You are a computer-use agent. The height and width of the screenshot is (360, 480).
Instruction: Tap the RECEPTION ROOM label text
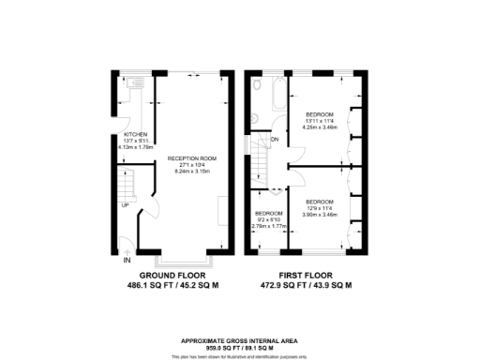(185, 159)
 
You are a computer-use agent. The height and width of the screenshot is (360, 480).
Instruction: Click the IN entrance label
(127, 260)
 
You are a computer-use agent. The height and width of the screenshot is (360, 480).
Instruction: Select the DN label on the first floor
(274, 140)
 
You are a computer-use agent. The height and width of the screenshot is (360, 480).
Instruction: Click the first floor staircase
(258, 159)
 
